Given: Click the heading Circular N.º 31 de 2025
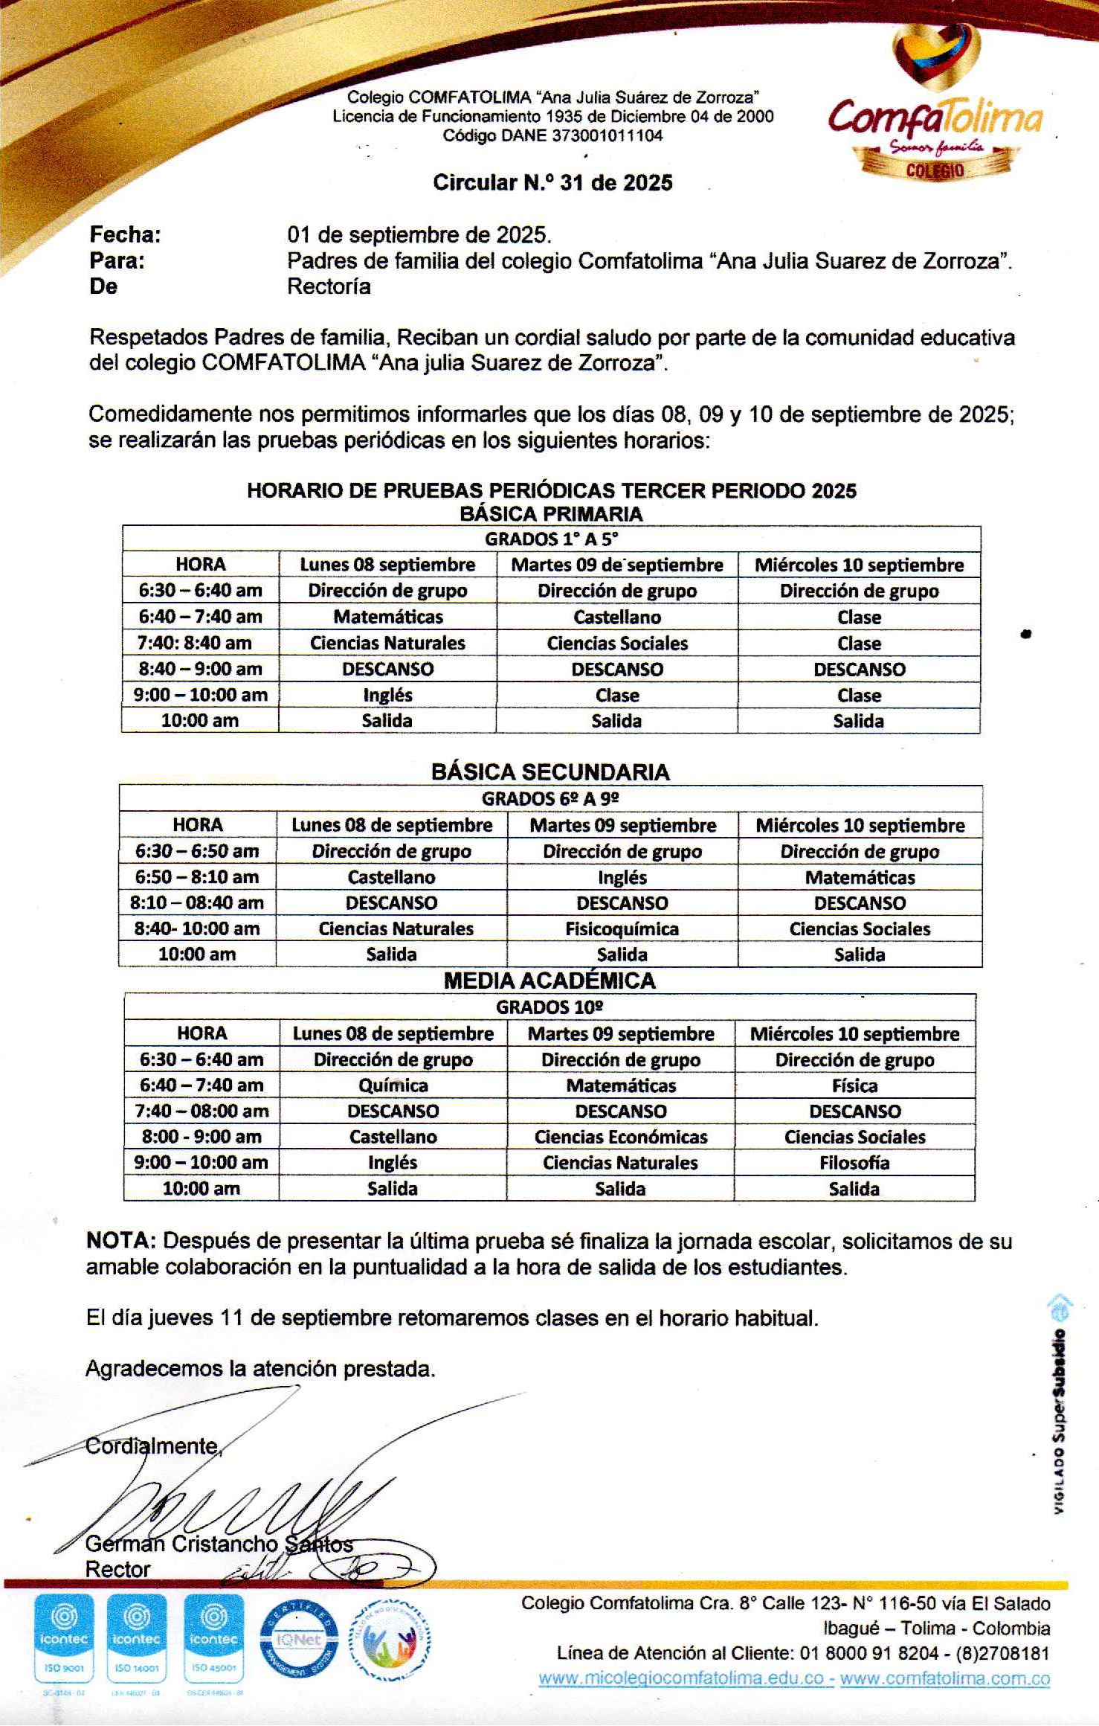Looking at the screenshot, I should (552, 183).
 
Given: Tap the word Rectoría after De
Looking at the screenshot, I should (329, 287).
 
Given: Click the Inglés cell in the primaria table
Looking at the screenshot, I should (387, 695).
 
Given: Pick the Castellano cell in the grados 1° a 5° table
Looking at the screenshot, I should (617, 617).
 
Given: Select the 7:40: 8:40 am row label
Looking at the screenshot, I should (200, 643).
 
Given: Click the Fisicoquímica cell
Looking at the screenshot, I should (622, 928).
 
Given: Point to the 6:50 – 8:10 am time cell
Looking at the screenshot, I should (197, 877).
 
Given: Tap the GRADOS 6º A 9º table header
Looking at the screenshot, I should (550, 799).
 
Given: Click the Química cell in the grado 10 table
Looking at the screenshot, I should (393, 1085).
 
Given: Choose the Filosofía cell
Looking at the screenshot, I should (854, 1163).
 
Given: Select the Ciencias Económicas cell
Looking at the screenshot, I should (621, 1137).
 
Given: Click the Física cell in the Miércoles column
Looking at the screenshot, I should (854, 1085).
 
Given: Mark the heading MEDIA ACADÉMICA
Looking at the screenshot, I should (549, 981).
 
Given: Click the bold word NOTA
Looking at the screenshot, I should (120, 1241).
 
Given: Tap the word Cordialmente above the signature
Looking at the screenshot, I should (152, 1446).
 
